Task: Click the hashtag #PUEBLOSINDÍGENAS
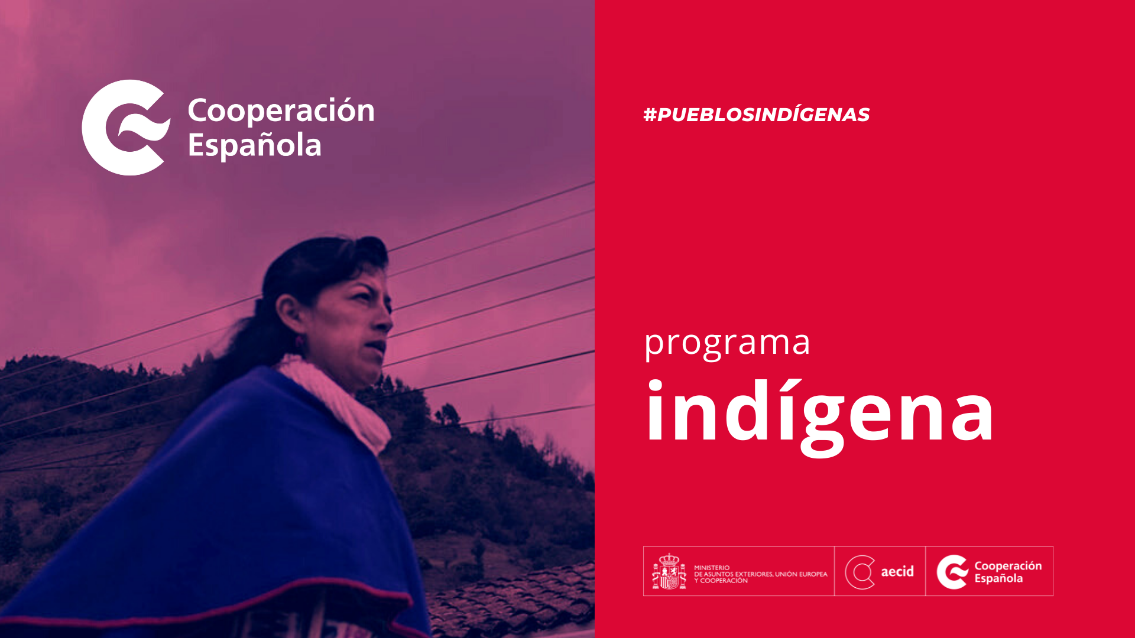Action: (x=756, y=115)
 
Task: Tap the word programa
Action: (x=727, y=343)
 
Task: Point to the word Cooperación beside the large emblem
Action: (x=281, y=110)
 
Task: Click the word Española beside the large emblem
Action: (x=255, y=145)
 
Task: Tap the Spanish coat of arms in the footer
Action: (x=669, y=571)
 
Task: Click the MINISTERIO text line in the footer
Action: (x=712, y=568)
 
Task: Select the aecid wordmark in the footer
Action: (x=897, y=571)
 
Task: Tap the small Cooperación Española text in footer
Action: (x=1008, y=572)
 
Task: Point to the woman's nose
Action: (x=384, y=320)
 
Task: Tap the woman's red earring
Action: (x=299, y=341)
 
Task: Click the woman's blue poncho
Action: (x=225, y=508)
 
